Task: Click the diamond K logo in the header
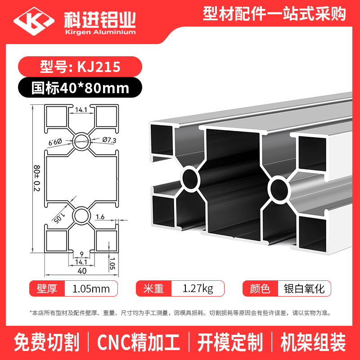tap(34, 21)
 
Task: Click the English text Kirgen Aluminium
tap(100, 32)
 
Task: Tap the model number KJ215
tap(99, 67)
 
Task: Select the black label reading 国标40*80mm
tap(80, 87)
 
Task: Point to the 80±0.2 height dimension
tap(37, 178)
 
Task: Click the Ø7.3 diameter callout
tap(109, 139)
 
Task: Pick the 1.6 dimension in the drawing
tap(100, 217)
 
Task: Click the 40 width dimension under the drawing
tap(82, 271)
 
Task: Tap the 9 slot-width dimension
tap(81, 254)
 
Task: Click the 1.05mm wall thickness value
tap(91, 289)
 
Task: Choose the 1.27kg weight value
tap(198, 288)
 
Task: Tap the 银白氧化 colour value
tap(304, 288)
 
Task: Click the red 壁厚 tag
tap(47, 288)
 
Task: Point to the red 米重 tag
tap(153, 288)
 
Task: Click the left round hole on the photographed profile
tap(190, 179)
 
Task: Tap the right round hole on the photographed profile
tap(279, 189)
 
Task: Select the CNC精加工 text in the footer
tap(139, 342)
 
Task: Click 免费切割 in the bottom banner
tap(47, 342)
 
